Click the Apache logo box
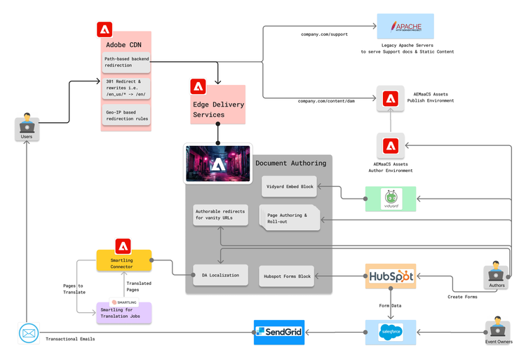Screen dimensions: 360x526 tap(405, 27)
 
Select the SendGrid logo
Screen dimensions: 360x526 tap(278, 331)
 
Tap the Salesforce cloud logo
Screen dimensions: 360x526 tap(390, 332)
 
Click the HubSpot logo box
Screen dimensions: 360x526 tap(390, 276)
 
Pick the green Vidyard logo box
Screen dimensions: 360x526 tap(391, 199)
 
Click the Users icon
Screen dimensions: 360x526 tap(26, 127)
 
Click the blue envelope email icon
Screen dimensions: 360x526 tap(29, 333)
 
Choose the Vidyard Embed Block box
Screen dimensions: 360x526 tap(288, 187)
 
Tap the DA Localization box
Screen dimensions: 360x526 tap(220, 275)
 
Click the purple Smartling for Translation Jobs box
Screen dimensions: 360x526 tap(123, 312)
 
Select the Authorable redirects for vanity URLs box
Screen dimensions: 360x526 tap(221, 215)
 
